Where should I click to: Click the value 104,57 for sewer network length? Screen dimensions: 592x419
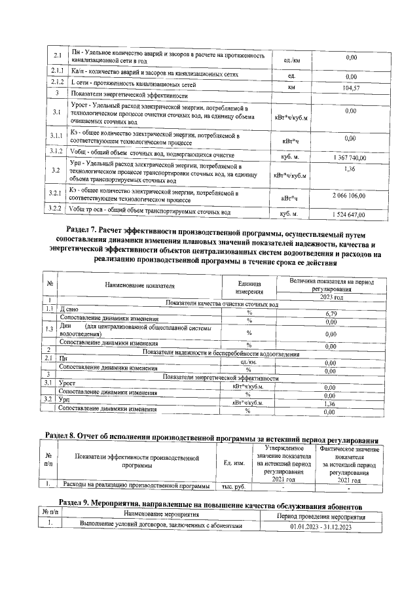352,88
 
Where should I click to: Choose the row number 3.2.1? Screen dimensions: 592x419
57,193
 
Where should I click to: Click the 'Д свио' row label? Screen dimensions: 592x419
70,307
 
